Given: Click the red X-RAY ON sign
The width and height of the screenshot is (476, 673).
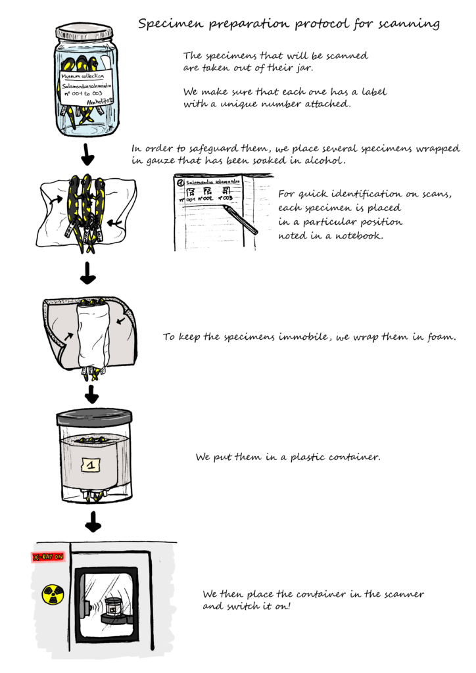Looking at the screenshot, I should (47, 557).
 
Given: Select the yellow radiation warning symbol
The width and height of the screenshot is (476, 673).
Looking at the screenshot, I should (51, 594).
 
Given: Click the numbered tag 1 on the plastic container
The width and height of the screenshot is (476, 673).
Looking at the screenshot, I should (92, 465).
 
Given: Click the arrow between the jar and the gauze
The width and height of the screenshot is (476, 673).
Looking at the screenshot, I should (85, 156).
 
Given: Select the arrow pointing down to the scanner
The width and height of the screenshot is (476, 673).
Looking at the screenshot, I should (93, 523).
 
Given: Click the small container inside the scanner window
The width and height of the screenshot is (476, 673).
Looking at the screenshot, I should (114, 607).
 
